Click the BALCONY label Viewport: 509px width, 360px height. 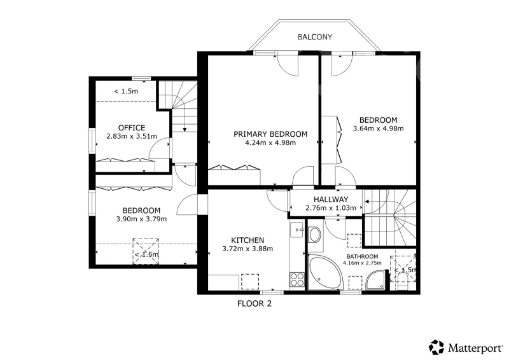point(314,37)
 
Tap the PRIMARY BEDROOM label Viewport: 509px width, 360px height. point(270,134)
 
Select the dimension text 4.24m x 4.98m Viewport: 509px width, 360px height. point(270,142)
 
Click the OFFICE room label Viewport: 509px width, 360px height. point(132,128)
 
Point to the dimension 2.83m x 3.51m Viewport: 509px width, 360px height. point(132,136)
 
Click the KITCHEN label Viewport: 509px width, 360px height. point(248,240)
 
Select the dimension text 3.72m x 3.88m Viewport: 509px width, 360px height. point(248,249)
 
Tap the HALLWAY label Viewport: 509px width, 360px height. point(331,199)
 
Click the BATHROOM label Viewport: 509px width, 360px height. point(362,256)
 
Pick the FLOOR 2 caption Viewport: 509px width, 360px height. point(254,304)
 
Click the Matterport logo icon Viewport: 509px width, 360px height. point(436,348)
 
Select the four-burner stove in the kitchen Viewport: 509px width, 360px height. point(297,279)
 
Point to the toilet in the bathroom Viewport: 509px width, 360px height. point(403,281)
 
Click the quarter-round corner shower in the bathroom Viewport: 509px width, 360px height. point(376,280)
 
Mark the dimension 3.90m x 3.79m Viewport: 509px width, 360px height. point(141,219)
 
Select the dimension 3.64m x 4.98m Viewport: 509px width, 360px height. point(378,128)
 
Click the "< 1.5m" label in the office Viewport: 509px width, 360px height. point(126,92)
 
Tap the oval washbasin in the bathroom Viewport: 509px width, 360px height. point(314,235)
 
